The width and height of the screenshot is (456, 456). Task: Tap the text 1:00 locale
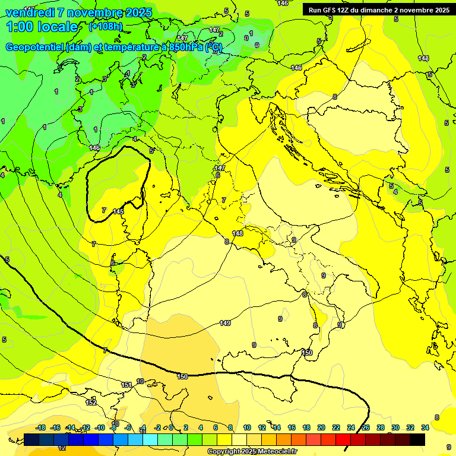pyautogui.click(x=42, y=27)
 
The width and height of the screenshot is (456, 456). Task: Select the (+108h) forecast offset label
pyautogui.click(x=106, y=27)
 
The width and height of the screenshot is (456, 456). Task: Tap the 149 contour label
pyautogui.click(x=225, y=323)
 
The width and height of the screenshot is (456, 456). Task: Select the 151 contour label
pyautogui.click(x=126, y=385)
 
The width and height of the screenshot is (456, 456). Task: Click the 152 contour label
pyautogui.click(x=91, y=403)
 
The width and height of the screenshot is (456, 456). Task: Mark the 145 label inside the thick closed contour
pyautogui.click(x=118, y=211)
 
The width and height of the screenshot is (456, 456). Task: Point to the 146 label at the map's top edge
pyautogui.click(x=283, y=4)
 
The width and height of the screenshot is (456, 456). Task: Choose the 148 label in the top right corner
pyautogui.click(x=423, y=58)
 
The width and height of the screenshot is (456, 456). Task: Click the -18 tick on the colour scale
pyautogui.click(x=41, y=427)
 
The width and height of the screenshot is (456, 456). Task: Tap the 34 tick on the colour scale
pyautogui.click(x=425, y=427)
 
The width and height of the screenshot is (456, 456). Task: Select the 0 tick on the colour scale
pyautogui.click(x=171, y=427)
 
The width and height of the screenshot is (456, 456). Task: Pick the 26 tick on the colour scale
pyautogui.click(x=366, y=427)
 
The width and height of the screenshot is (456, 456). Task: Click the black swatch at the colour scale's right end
pyautogui.click(x=417, y=439)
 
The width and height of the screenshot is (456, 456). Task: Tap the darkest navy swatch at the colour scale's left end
pyautogui.click(x=31, y=439)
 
